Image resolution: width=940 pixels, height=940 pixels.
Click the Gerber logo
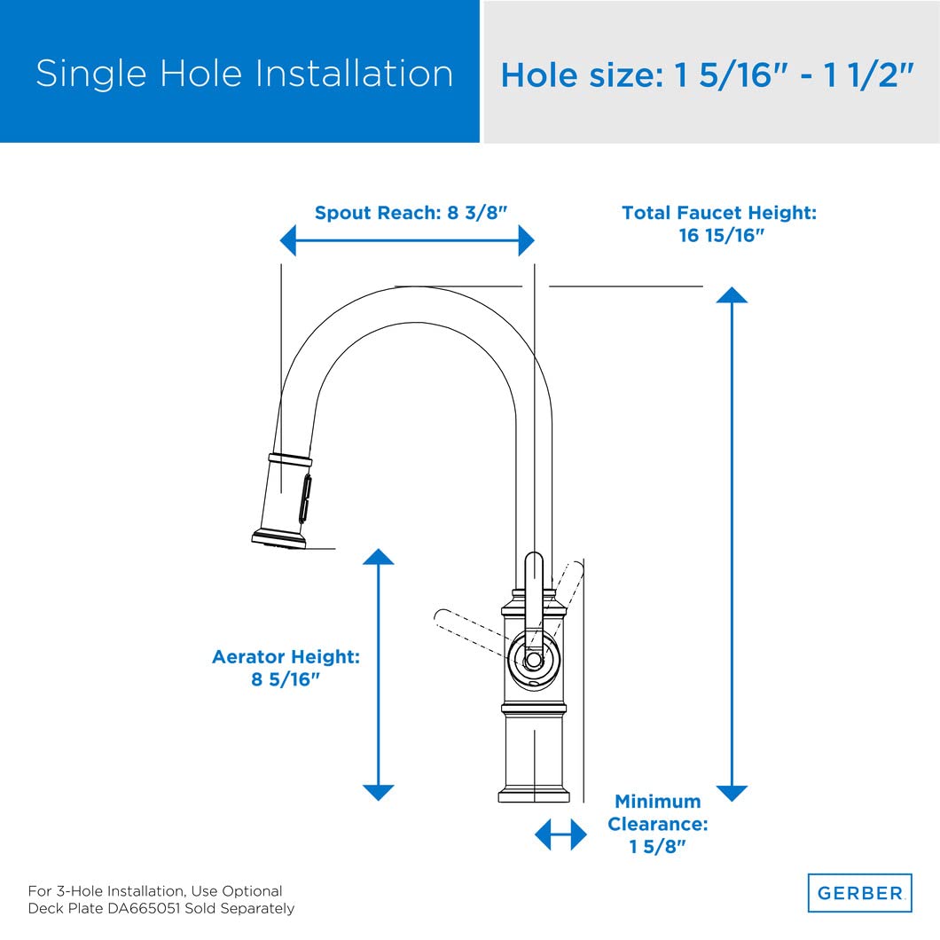[x=858, y=893]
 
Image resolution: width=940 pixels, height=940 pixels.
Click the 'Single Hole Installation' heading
[x=244, y=73]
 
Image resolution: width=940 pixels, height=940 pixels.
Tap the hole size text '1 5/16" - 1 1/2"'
[x=794, y=76]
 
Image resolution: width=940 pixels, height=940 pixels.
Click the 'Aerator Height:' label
[x=286, y=657]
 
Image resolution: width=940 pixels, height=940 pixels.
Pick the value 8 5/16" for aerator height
[x=286, y=681]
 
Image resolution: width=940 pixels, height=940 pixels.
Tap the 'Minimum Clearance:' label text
[x=657, y=812]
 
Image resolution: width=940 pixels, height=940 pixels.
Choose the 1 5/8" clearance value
[x=658, y=847]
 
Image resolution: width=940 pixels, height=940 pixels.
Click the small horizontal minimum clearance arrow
[x=560, y=834]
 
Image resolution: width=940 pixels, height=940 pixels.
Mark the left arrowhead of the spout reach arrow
[x=287, y=240]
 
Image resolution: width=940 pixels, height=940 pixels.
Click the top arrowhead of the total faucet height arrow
[x=732, y=294]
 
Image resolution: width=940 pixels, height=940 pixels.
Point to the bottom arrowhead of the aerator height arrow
[x=379, y=792]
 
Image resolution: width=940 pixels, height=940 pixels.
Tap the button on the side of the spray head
[x=308, y=497]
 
